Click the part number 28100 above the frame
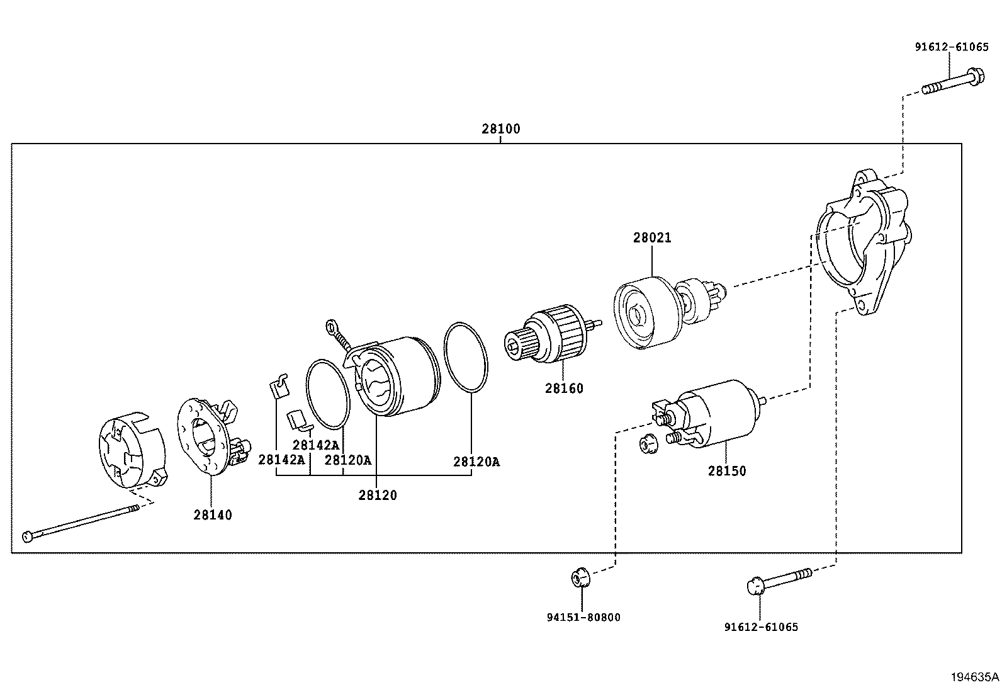[x=501, y=129]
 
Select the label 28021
[x=652, y=238]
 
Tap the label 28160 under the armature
[x=564, y=389]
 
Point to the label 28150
[x=727, y=471]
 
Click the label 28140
[x=213, y=515]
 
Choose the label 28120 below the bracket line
[x=378, y=496]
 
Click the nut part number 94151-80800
[x=583, y=618]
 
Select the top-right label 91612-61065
[x=951, y=47]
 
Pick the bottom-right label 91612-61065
[x=761, y=627]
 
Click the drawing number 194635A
[x=974, y=678]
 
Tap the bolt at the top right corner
[x=954, y=84]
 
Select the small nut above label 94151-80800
[x=580, y=576]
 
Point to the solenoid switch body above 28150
[x=718, y=412]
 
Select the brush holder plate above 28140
[x=208, y=434]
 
